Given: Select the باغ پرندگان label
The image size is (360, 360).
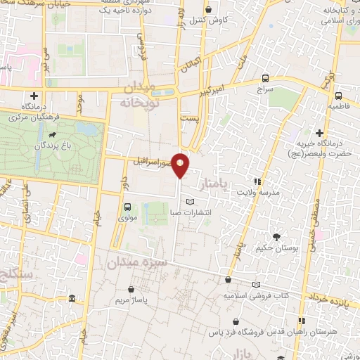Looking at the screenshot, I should [46, 148].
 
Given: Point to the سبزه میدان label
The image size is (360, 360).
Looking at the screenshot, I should [138, 264].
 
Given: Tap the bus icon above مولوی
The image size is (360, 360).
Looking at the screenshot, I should [127, 207].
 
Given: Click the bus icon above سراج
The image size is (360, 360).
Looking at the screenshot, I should [265, 79].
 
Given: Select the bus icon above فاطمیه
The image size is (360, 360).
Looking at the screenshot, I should [339, 95].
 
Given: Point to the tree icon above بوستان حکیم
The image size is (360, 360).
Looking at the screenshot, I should [278, 237].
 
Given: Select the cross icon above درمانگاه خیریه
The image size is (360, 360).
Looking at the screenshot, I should [320, 132].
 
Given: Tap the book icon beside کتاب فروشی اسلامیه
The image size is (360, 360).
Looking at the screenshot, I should [256, 285].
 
